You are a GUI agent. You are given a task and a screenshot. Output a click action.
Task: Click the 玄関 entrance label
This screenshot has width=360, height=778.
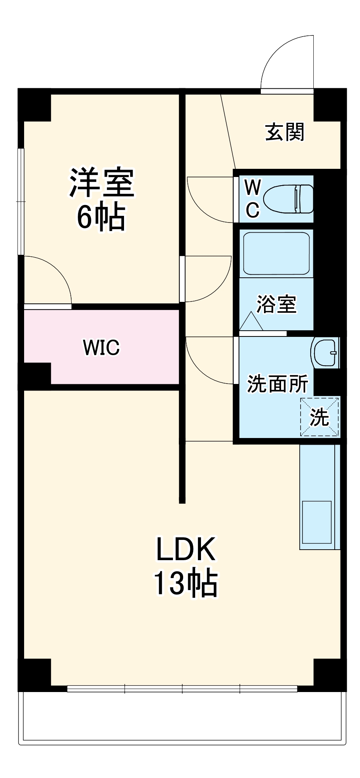pyautogui.click(x=285, y=132)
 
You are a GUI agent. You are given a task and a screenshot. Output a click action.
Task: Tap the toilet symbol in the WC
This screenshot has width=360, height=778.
pyautogui.click(x=288, y=199)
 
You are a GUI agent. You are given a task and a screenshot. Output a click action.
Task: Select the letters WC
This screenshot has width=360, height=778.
pyautogui.click(x=252, y=199)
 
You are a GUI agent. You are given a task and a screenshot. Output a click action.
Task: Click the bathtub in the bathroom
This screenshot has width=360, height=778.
pyautogui.click(x=276, y=253)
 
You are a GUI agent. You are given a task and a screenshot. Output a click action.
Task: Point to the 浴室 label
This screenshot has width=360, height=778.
pyautogui.click(x=276, y=304)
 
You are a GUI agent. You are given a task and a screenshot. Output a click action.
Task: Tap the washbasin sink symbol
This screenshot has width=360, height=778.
pyautogui.click(x=325, y=353)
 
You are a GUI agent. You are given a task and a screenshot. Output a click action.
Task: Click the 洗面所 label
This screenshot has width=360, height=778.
pyautogui.click(x=277, y=384)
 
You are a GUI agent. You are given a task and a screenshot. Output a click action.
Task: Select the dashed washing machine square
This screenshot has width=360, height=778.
pyautogui.click(x=319, y=417)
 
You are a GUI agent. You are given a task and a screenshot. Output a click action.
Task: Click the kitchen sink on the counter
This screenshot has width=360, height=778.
pyautogui.click(x=317, y=522)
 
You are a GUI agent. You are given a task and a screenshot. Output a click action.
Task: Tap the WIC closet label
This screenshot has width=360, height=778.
pyautogui.click(x=101, y=347)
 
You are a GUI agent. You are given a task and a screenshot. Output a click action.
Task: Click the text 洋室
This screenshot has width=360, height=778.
pyautogui.click(x=102, y=183)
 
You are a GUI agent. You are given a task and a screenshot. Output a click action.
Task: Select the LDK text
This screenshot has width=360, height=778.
pyautogui.click(x=185, y=549)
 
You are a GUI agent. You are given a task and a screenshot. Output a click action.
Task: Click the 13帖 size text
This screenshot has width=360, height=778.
pyautogui.click(x=185, y=583)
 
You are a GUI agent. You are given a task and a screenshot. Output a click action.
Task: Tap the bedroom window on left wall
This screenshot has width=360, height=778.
pyautogui.click(x=21, y=202)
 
